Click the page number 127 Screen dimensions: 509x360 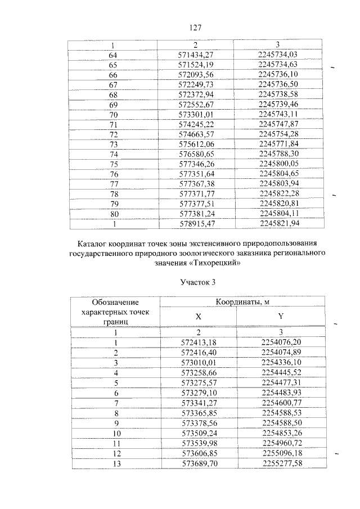pyautogui.click(x=195, y=27)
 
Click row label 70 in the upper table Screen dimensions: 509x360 pyautogui.click(x=113, y=115)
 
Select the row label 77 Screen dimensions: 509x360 pyautogui.click(x=113, y=184)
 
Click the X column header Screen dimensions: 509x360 pyautogui.click(x=198, y=317)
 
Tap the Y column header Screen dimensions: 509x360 pyautogui.click(x=280, y=317)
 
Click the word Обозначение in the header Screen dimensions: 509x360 pyautogui.click(x=115, y=303)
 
